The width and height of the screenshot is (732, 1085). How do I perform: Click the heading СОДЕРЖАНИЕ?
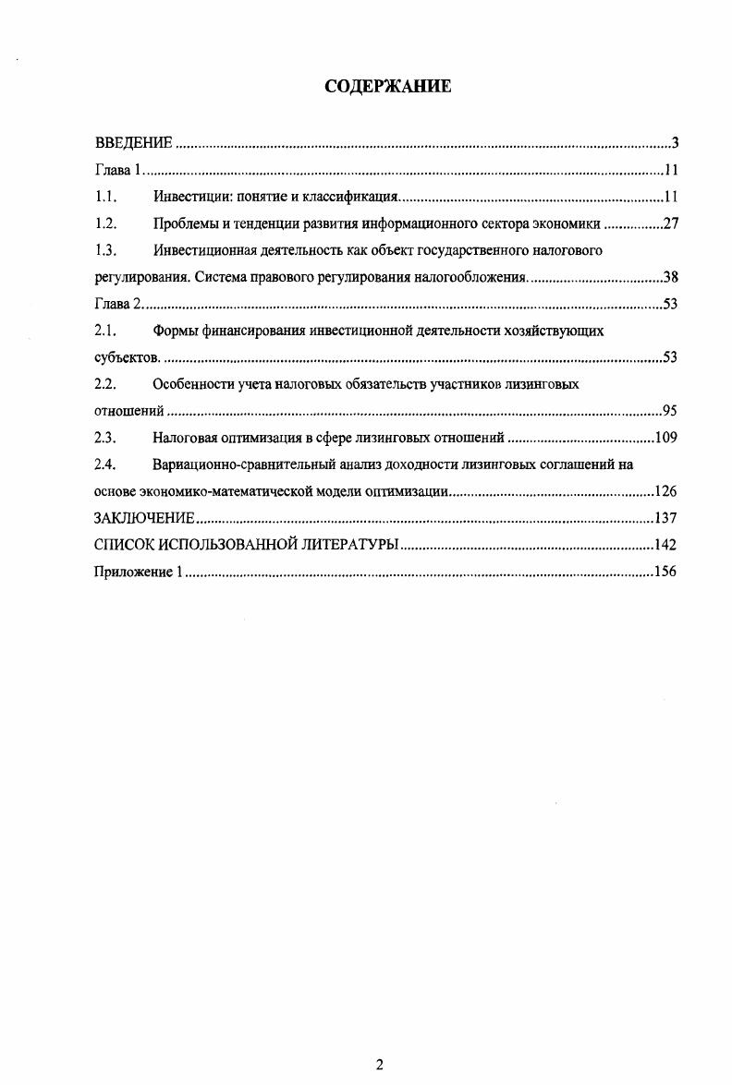388,88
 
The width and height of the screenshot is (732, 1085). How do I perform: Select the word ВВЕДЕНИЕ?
134,143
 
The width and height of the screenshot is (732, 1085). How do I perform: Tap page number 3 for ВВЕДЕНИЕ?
676,143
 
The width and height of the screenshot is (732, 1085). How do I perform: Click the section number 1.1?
106,197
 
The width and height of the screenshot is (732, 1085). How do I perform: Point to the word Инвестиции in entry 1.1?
189,197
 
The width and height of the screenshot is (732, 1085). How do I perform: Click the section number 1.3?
106,250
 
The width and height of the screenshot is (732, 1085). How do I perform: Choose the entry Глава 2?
119,305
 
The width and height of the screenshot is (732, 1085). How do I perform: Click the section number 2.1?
106,331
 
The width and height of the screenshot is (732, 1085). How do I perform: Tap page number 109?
666,438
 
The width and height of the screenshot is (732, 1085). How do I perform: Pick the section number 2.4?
106,464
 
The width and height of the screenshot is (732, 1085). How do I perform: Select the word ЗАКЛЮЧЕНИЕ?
144,518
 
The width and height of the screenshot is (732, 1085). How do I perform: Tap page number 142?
666,545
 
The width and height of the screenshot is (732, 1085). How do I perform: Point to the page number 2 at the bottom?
379,1064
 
